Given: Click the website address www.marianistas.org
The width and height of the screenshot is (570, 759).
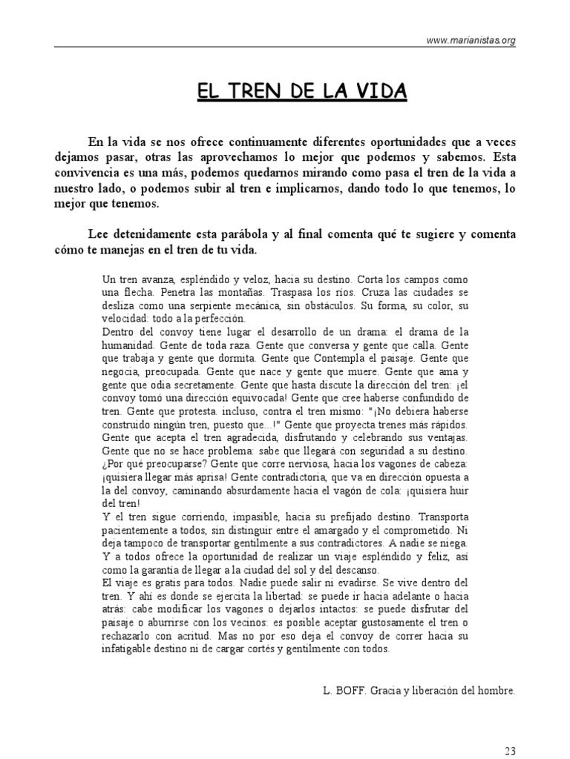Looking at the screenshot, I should (x=471, y=41).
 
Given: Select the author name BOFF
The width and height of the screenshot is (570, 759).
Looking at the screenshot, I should (x=351, y=691).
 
